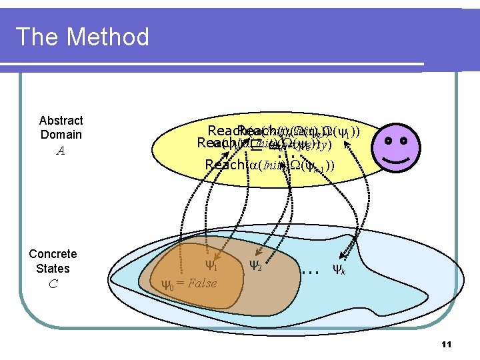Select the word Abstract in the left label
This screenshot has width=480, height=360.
tap(61, 120)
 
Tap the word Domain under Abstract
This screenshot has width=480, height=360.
tap(61, 135)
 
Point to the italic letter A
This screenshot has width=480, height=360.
tap(61, 151)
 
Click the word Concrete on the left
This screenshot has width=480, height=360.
tap(53, 254)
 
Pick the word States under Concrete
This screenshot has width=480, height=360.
tap(53, 269)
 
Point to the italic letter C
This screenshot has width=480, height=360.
tap(53, 284)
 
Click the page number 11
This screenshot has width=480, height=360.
tap(447, 344)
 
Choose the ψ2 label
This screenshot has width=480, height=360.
tap(255, 265)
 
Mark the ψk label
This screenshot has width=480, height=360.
tap(339, 269)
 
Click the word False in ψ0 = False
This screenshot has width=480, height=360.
tap(202, 283)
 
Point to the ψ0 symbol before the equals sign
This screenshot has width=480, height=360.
tap(168, 285)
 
